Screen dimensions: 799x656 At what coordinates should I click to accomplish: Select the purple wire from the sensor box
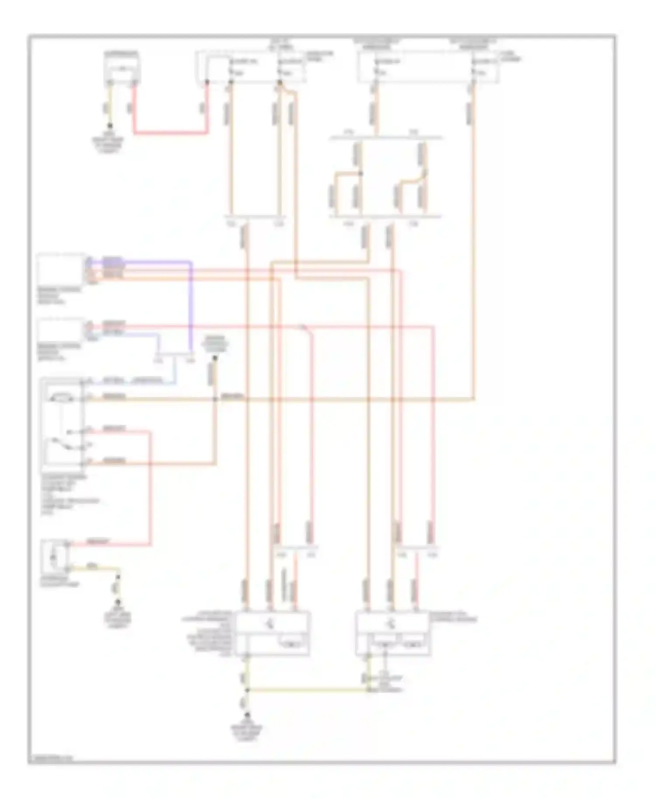pyautogui.click(x=191, y=306)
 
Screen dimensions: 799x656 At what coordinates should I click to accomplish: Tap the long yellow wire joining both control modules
pyautogui.click(x=306, y=691)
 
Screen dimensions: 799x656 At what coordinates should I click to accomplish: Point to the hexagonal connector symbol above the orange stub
pyautogui.click(x=214, y=346)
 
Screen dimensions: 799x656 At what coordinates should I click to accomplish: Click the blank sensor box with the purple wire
pyautogui.click(x=61, y=269)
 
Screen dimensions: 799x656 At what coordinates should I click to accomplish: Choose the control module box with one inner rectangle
pyautogui.click(x=273, y=633)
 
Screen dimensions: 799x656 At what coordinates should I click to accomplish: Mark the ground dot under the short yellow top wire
pyautogui.click(x=110, y=125)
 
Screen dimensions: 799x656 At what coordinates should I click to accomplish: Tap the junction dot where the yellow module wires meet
pyautogui.click(x=248, y=691)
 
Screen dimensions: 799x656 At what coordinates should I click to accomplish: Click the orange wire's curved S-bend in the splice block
pyautogui.click(x=413, y=179)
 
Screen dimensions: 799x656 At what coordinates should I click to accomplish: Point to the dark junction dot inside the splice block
pyautogui.click(x=361, y=174)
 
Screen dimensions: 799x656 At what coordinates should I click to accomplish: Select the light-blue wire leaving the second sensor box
pyautogui.click(x=144, y=335)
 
